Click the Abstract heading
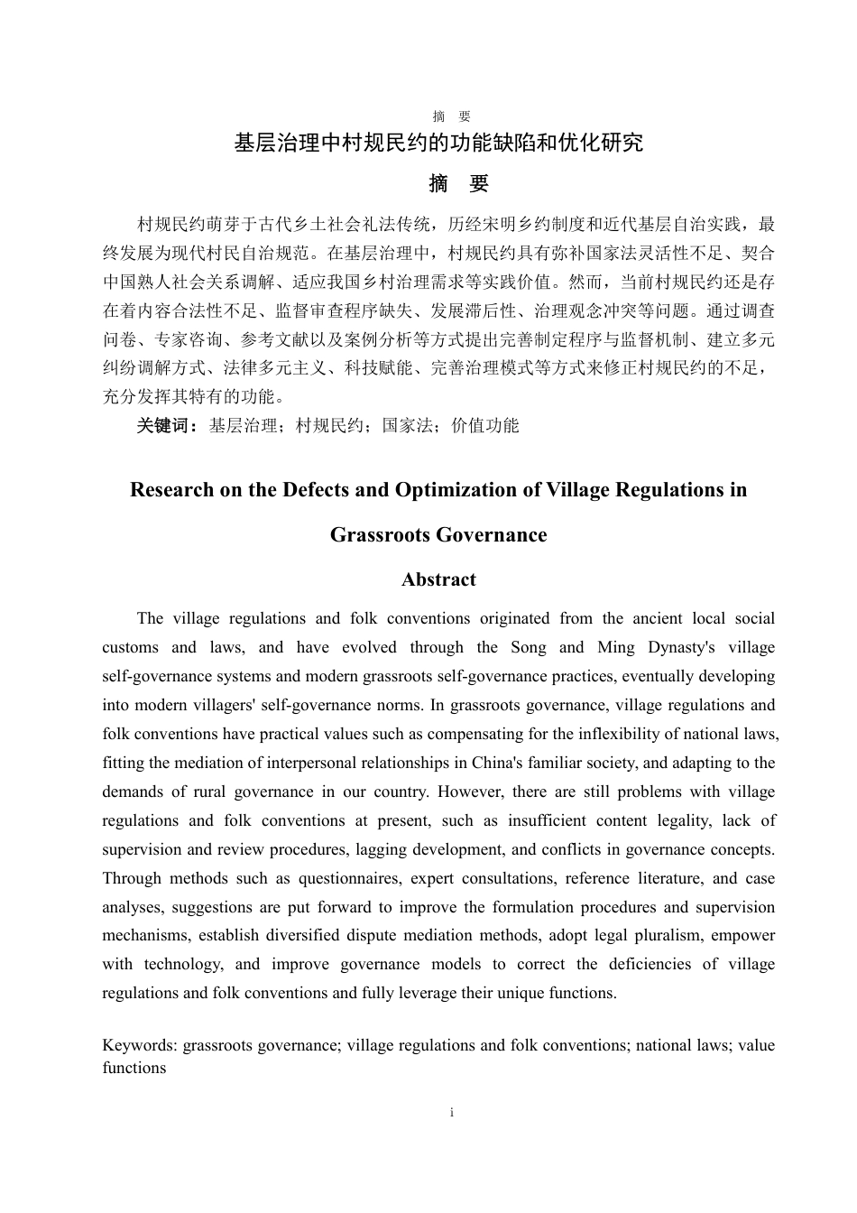coord(438,580)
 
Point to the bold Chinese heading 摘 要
coord(459,184)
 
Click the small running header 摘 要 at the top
coord(451,116)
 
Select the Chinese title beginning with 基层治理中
coord(438,144)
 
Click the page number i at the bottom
coord(451,1113)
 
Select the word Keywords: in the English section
coord(141,1045)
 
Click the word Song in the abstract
coord(529,647)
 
